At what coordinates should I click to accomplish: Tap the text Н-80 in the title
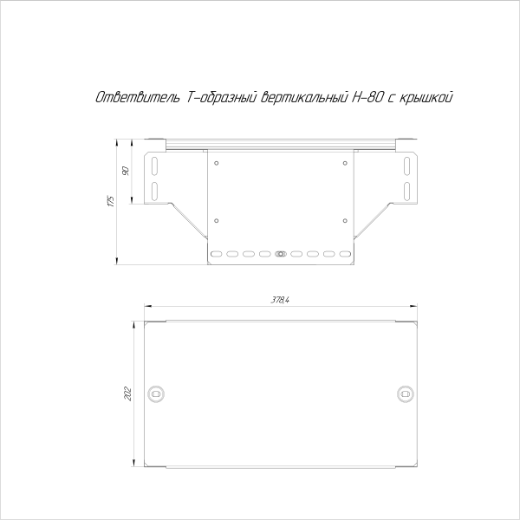click(360, 99)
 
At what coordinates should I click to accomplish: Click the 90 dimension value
click(126, 170)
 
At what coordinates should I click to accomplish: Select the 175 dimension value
click(110, 202)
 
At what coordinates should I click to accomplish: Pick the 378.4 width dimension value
click(279, 300)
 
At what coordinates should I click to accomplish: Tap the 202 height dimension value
click(128, 393)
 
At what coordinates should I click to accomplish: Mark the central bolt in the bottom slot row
click(280, 255)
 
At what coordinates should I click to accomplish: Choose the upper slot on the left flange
click(156, 165)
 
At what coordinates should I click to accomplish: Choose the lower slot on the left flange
click(156, 189)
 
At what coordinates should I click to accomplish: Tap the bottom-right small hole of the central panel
click(344, 219)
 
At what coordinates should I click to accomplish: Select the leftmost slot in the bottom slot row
click(217, 255)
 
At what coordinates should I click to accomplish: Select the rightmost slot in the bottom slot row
click(344, 255)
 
